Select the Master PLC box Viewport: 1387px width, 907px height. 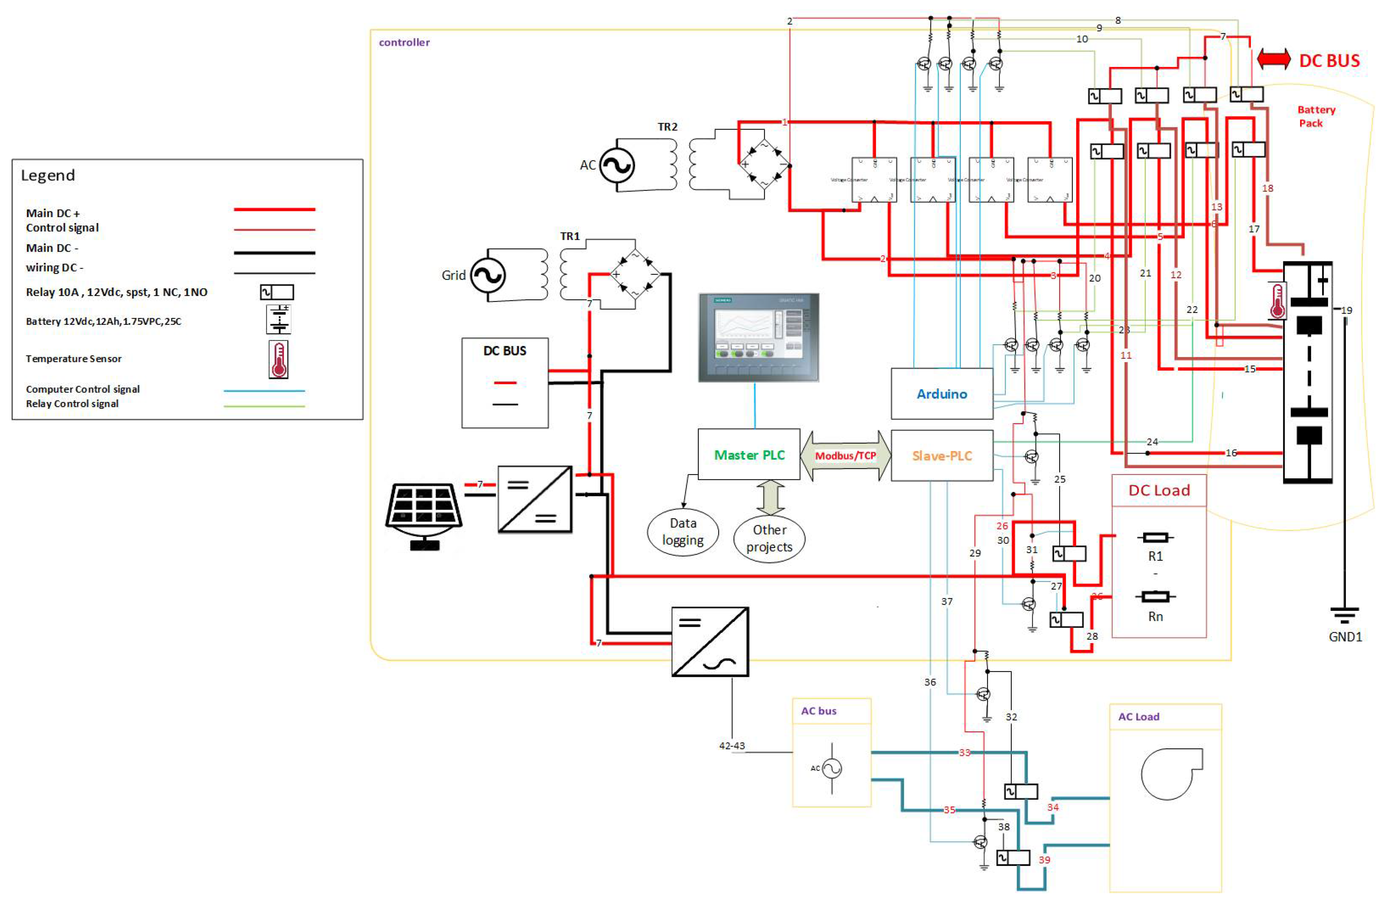pos(749,455)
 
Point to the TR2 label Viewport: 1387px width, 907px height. pos(667,126)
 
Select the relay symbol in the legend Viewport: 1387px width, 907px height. pos(277,292)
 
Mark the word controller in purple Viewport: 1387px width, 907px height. pos(404,42)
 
